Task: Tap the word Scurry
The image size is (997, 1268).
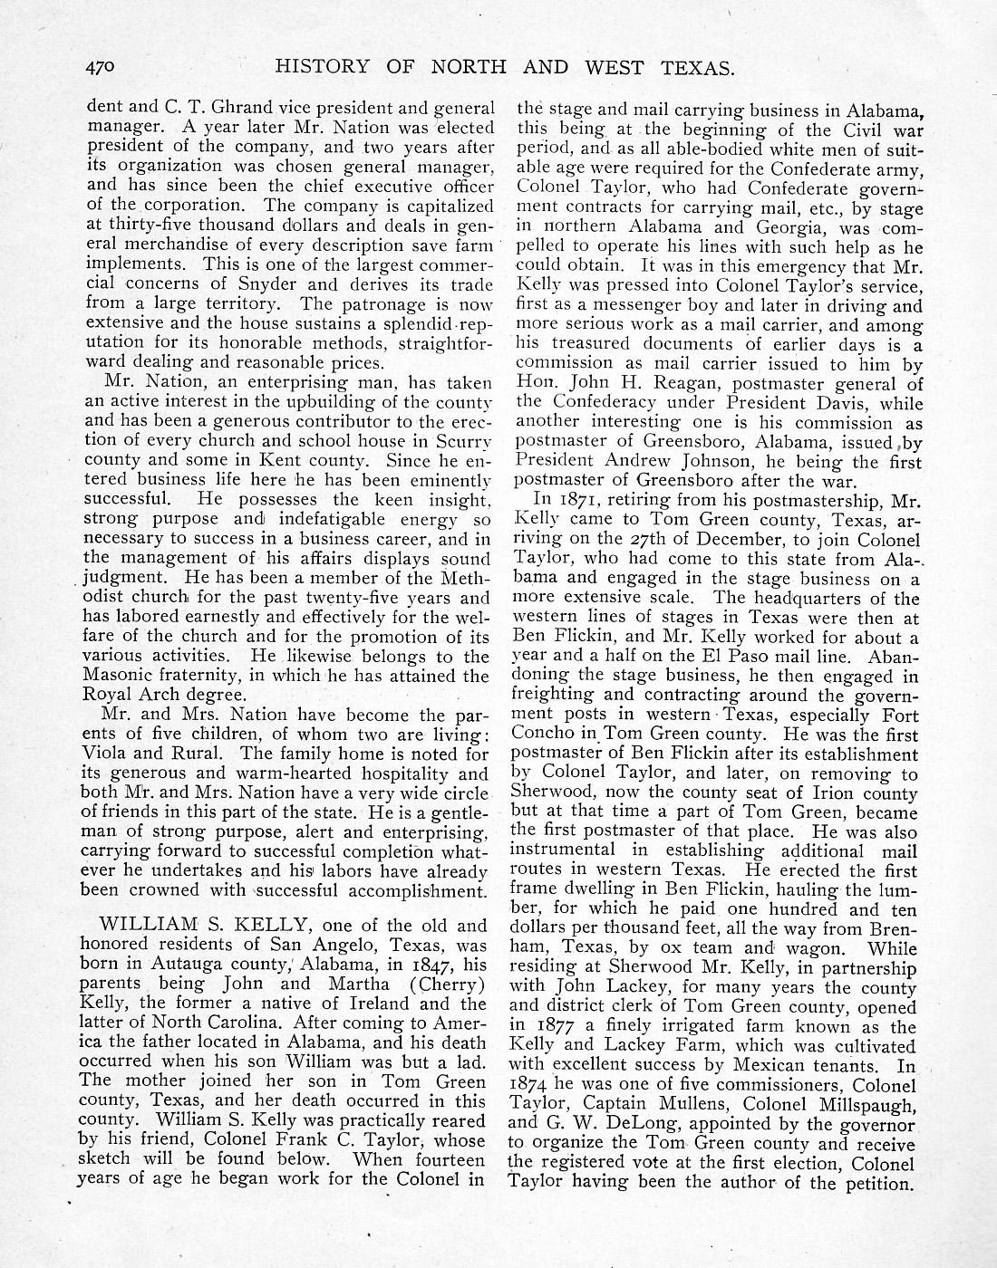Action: (462, 442)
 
